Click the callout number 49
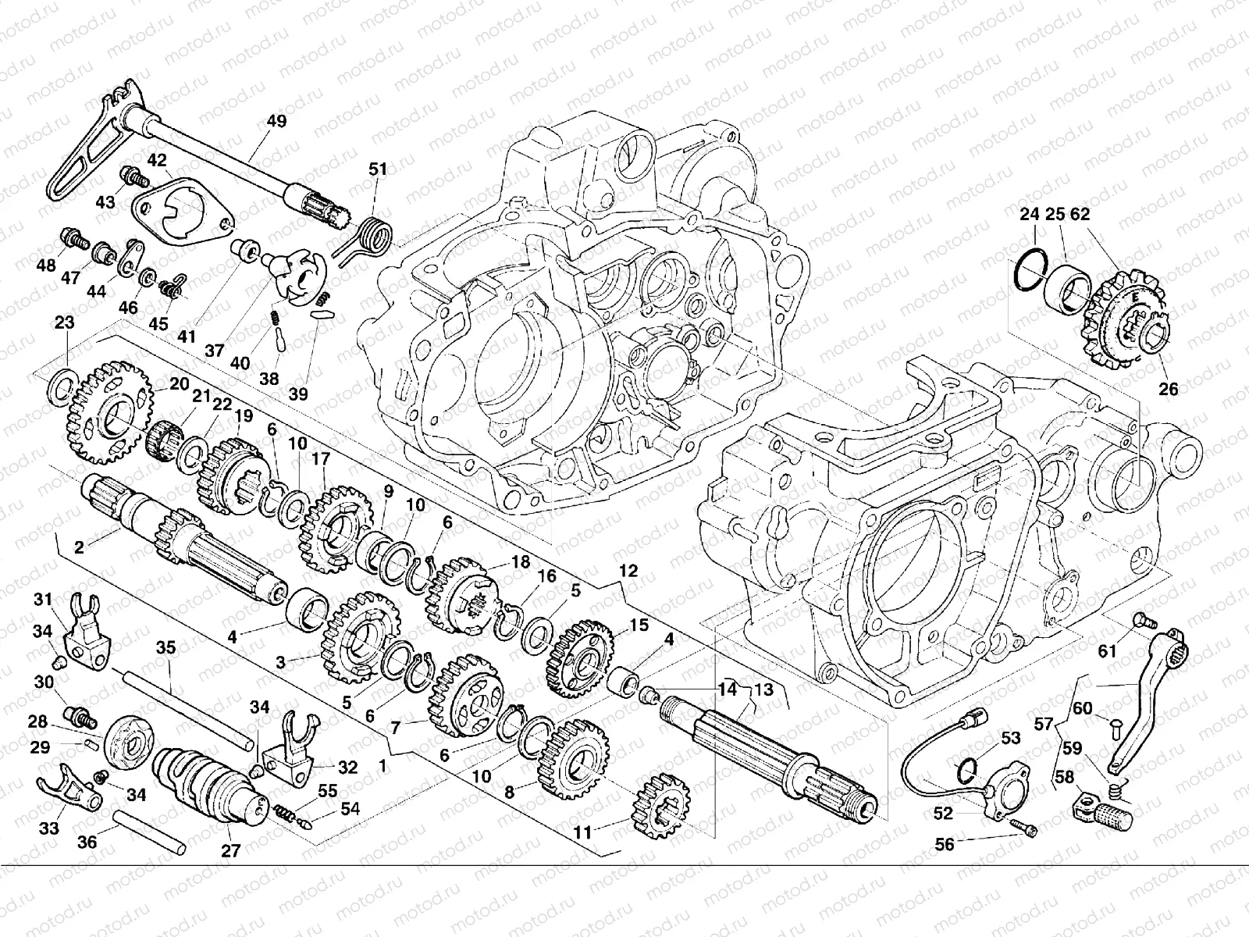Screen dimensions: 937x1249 [276, 121]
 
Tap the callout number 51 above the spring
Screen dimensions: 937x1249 [378, 169]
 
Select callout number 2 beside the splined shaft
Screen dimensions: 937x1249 [79, 547]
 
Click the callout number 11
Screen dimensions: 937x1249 [582, 833]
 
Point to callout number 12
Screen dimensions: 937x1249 [628, 571]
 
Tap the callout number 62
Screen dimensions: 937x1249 [1080, 214]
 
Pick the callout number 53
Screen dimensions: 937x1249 [1011, 738]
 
